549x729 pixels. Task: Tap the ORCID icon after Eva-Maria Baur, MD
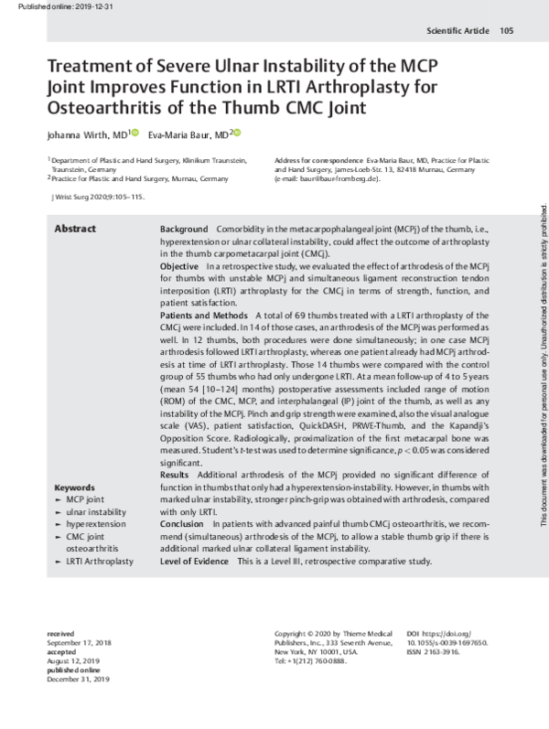[x=235, y=134]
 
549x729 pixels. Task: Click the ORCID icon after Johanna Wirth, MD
[x=135, y=134]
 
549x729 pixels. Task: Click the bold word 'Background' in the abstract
[x=184, y=228]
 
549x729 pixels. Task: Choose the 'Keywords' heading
[x=76, y=487]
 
